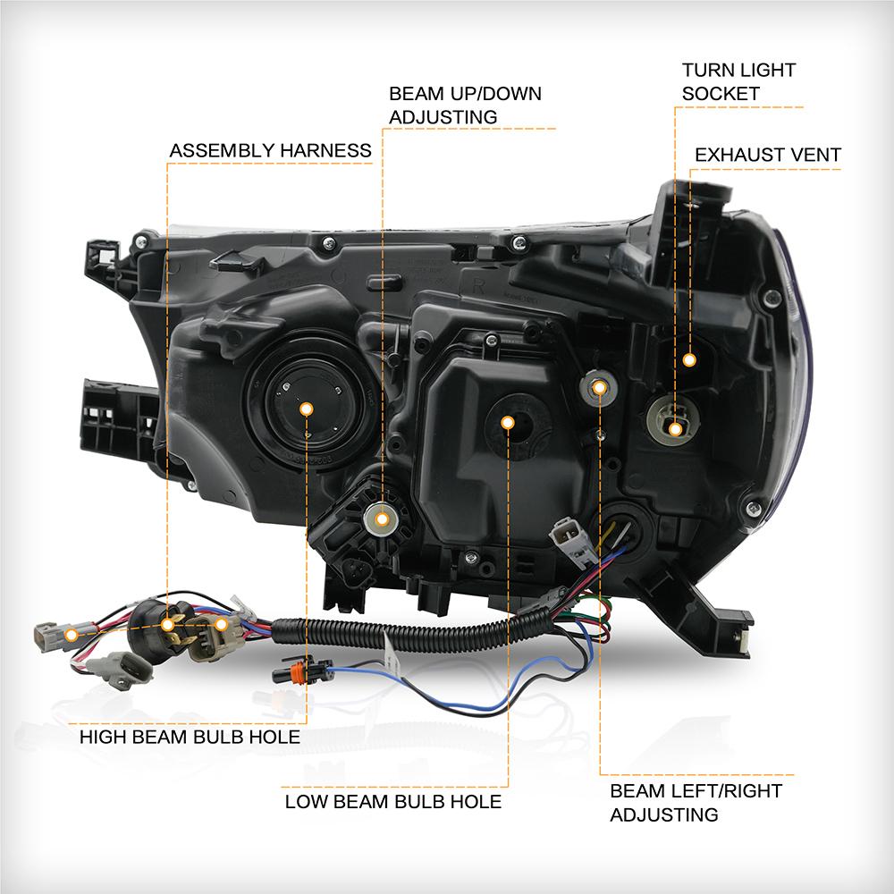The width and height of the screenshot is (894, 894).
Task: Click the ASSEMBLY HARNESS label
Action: tap(270, 150)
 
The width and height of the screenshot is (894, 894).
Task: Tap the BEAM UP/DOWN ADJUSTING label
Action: tap(465, 105)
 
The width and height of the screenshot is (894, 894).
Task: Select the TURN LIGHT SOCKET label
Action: tap(738, 80)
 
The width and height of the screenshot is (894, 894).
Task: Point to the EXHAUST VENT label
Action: tap(768, 155)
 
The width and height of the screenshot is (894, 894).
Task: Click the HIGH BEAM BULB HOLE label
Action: tap(190, 738)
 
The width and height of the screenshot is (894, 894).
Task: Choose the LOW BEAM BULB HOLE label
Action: tap(393, 800)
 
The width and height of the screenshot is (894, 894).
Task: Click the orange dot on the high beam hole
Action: tap(306, 409)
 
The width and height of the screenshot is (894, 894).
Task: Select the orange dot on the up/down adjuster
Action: tap(383, 518)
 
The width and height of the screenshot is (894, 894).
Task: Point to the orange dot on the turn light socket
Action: tap(675, 429)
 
